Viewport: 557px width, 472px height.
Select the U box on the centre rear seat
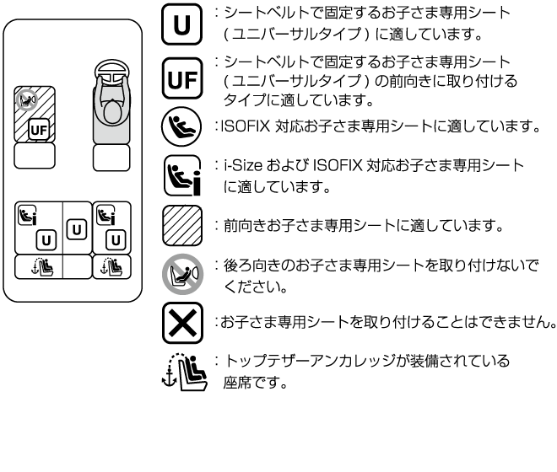[x=76, y=228]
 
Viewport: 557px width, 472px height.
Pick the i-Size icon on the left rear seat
[x=28, y=217]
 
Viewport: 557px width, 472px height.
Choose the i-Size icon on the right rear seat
[x=105, y=215]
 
